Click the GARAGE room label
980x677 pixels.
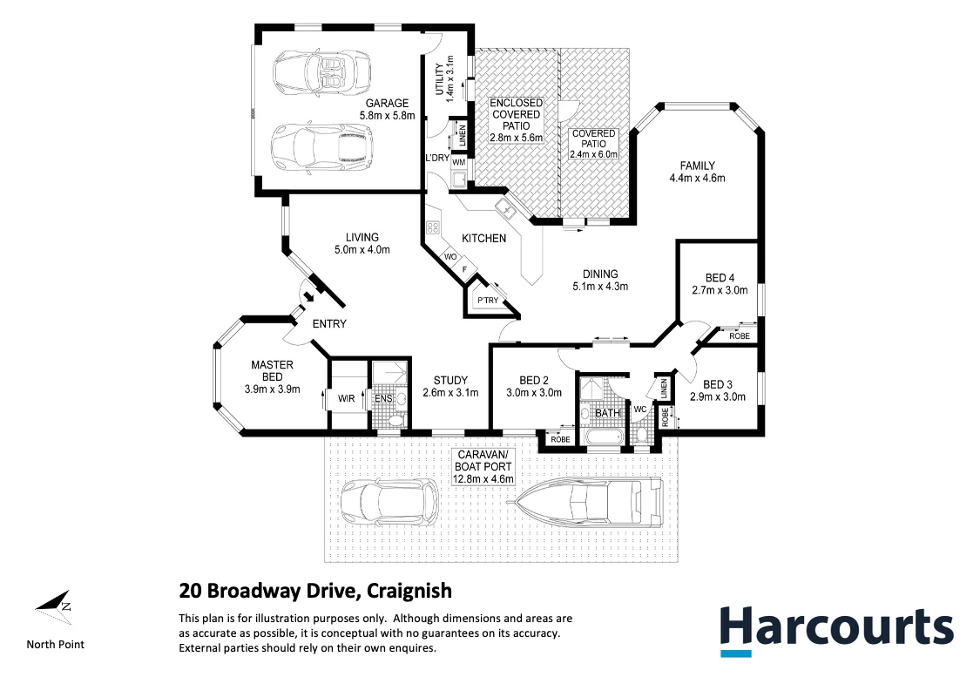[x=387, y=103]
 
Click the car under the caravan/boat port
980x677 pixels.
[x=388, y=504]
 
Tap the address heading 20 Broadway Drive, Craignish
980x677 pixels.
[x=315, y=591]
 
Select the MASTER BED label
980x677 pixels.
[x=272, y=371]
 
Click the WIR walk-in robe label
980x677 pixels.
[x=345, y=398]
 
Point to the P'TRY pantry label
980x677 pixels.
[x=486, y=301]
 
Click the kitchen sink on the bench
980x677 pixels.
[x=504, y=209]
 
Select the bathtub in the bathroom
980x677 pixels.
[x=601, y=437]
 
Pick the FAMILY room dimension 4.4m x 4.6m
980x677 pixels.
[x=697, y=178]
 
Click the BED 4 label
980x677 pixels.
[x=720, y=279]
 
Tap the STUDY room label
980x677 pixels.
[x=450, y=380]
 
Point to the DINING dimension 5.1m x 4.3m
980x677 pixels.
[x=600, y=286]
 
